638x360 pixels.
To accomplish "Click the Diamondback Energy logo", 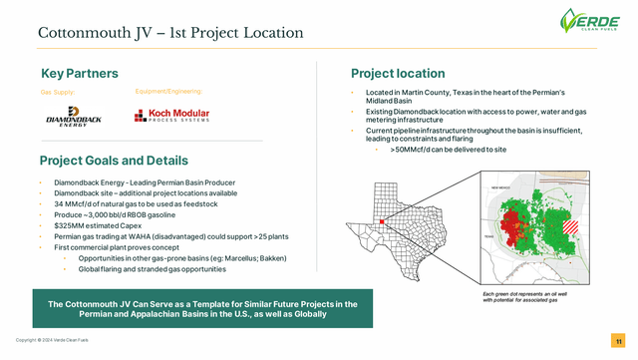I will pos(67,120).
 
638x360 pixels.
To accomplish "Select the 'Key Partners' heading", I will pos(80,74).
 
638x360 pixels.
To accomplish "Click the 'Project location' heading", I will pos(398,74).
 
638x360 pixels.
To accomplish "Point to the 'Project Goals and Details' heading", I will pos(114,161).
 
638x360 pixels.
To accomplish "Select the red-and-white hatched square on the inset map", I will pos(571,226).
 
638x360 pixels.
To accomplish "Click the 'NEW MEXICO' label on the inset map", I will pos(501,187).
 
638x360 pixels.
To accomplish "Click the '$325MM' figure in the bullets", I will pos(64,225).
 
